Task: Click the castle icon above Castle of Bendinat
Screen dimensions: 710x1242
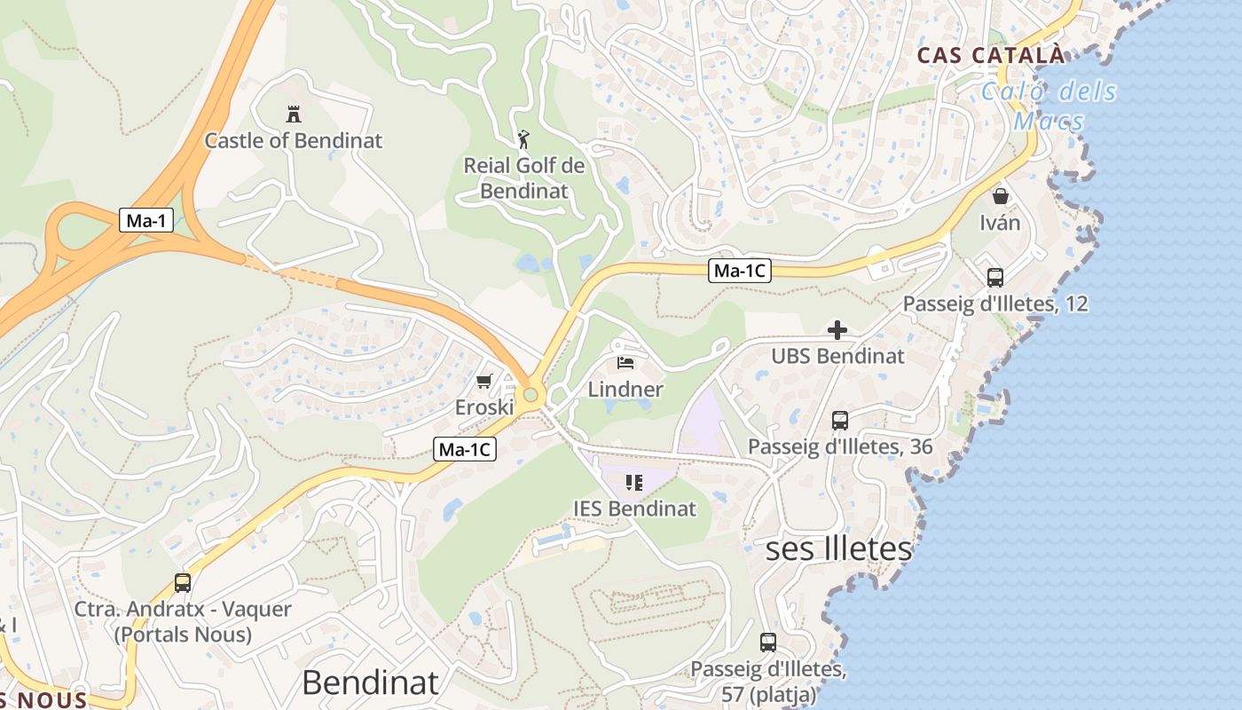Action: [x=293, y=114]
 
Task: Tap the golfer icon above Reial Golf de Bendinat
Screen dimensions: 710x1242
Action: [x=524, y=139]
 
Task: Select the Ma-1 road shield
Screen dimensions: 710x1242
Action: [x=146, y=220]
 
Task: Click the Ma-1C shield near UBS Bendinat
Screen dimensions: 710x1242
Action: [x=739, y=271]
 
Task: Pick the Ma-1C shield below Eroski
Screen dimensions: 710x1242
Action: [x=465, y=449]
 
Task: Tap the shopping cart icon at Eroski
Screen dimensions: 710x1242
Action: [x=483, y=381]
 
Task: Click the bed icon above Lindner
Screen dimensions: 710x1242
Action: [x=625, y=362]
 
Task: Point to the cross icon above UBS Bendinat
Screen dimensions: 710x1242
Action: [x=837, y=330]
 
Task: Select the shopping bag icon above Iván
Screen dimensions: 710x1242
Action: [x=1000, y=196]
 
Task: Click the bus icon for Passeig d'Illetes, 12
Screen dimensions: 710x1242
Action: [x=994, y=277]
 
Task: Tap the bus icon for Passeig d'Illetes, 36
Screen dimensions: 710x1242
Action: [x=839, y=421]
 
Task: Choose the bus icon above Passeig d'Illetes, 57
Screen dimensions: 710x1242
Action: [x=768, y=642]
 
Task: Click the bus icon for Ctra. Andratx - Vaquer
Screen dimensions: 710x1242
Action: [x=183, y=583]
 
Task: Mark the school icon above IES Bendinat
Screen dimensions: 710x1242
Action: [x=633, y=483]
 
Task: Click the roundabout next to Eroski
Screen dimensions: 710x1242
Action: [x=531, y=395]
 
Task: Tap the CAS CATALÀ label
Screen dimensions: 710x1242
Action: [x=990, y=55]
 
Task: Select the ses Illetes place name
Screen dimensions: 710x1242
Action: [x=838, y=548]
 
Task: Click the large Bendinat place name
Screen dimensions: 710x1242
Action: [x=370, y=682]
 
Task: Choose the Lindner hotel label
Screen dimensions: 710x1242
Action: [x=625, y=389]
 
